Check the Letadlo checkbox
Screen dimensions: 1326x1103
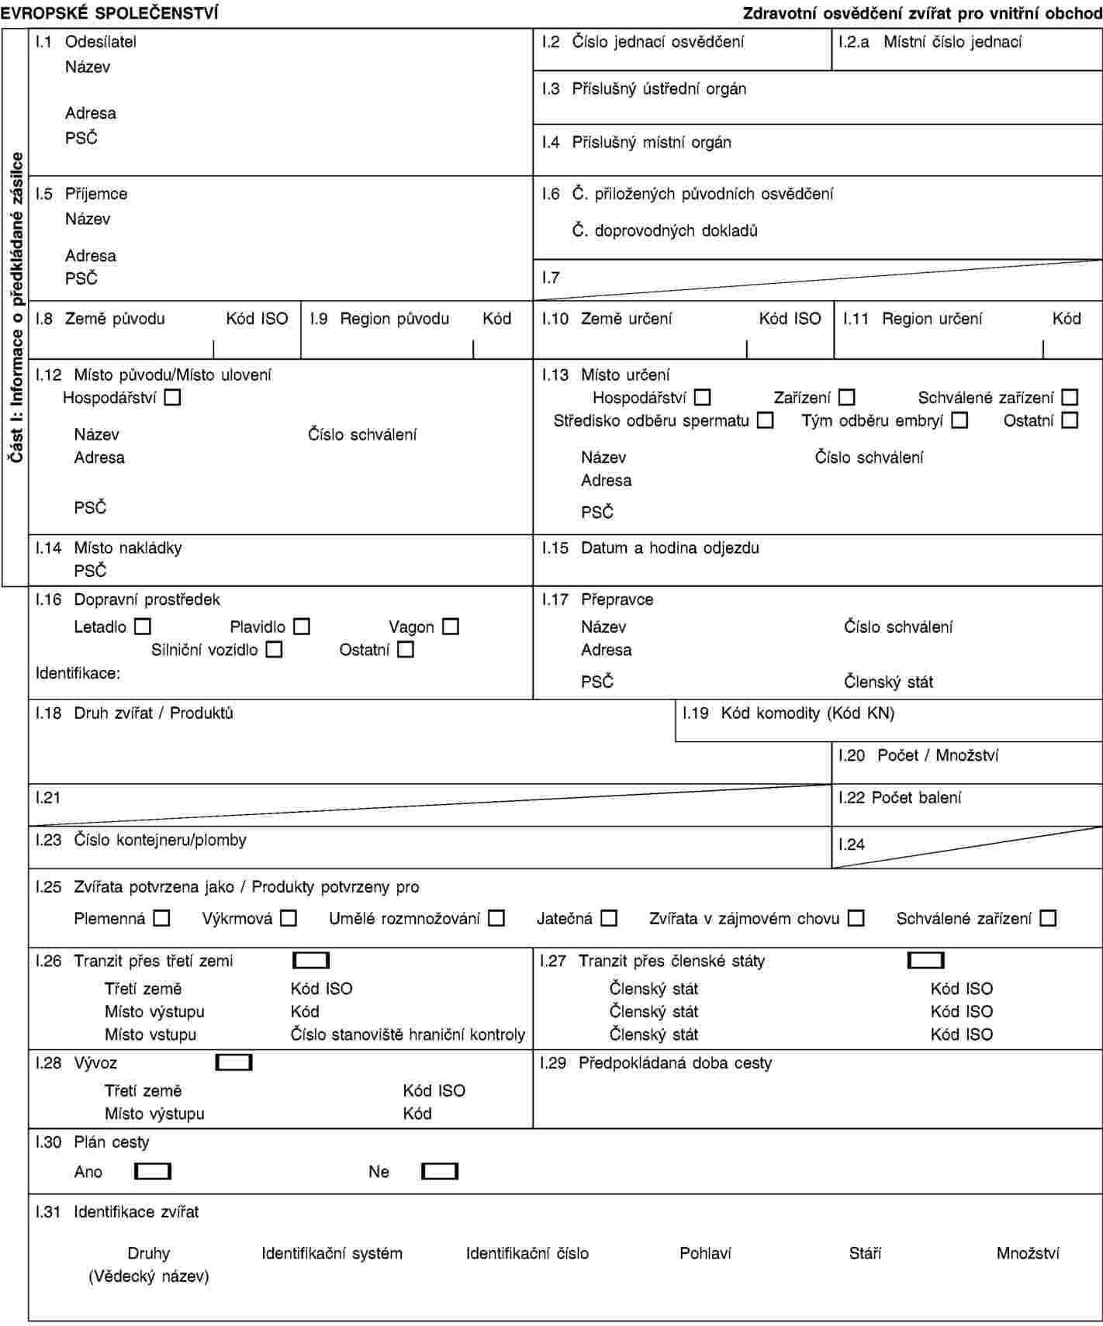(143, 627)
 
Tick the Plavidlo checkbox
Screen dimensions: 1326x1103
(302, 627)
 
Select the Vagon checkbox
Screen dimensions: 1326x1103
(451, 627)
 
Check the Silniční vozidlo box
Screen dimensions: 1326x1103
(274, 650)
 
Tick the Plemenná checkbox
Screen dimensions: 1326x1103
(161, 919)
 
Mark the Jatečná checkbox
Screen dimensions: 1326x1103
(609, 919)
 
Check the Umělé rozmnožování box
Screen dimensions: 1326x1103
(496, 919)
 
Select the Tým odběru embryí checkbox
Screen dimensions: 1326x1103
(960, 421)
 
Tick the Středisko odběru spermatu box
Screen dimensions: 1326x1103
(766, 421)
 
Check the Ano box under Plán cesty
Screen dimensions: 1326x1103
(153, 1172)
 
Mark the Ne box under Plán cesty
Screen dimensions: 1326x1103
(440, 1172)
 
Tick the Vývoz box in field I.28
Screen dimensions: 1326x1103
(234, 1062)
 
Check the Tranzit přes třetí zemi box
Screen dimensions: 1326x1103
(311, 961)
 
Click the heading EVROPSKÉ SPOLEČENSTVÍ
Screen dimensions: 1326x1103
(109, 12)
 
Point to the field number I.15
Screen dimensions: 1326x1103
(555, 548)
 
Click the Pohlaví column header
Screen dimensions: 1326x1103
(705, 1254)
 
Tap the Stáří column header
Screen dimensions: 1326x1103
(865, 1254)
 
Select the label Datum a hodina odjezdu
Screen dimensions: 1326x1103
(670, 548)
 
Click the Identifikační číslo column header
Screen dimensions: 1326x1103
(527, 1254)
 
